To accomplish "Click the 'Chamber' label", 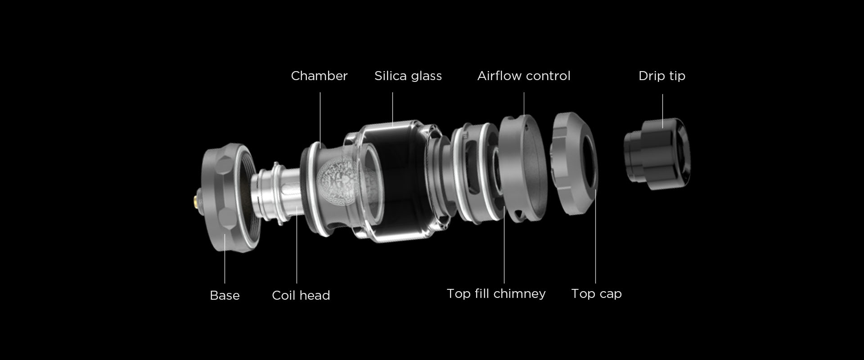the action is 319,76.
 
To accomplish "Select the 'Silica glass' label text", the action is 408,76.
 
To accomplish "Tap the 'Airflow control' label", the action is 524,76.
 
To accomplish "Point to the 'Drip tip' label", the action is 662,76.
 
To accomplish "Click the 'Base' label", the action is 225,295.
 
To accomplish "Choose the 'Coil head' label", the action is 301,295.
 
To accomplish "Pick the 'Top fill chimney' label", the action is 496,294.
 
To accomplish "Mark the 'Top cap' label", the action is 596,294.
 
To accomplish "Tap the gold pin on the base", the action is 196,198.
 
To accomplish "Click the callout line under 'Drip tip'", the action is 662,111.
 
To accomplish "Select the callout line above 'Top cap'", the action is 595,237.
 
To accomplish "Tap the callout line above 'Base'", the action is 225,259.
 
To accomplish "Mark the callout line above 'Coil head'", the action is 297,245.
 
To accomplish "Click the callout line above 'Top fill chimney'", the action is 504,245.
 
